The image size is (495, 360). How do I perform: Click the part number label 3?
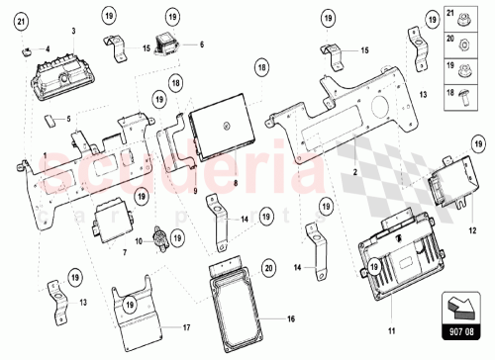(x=72, y=32)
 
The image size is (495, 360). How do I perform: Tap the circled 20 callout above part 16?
(x=267, y=266)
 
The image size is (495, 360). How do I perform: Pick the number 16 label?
(x=291, y=319)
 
